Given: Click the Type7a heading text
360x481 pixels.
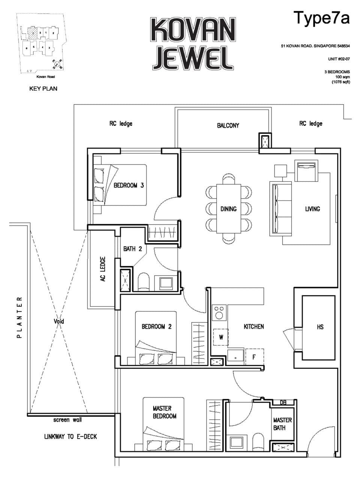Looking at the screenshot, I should click(x=321, y=18).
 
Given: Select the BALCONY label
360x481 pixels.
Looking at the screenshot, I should click(x=228, y=126).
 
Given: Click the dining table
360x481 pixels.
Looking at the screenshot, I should click(x=228, y=208).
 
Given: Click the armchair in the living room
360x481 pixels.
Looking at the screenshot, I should click(x=306, y=170).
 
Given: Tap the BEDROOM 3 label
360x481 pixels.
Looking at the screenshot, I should click(x=129, y=185).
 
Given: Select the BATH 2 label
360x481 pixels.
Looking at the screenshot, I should click(x=132, y=249).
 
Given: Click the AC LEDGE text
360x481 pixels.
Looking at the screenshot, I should click(x=103, y=269).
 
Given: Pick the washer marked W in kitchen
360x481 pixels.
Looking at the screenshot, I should click(x=221, y=337).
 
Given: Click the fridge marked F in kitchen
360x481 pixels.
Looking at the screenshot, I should click(x=254, y=357).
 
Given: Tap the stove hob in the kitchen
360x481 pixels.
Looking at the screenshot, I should click(x=219, y=312).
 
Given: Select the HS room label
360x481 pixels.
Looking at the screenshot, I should click(x=320, y=327).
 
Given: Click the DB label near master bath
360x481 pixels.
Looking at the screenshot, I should click(x=283, y=402).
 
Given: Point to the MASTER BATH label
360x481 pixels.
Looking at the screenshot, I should click(x=282, y=424).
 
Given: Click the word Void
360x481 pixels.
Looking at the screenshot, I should click(x=59, y=321).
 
